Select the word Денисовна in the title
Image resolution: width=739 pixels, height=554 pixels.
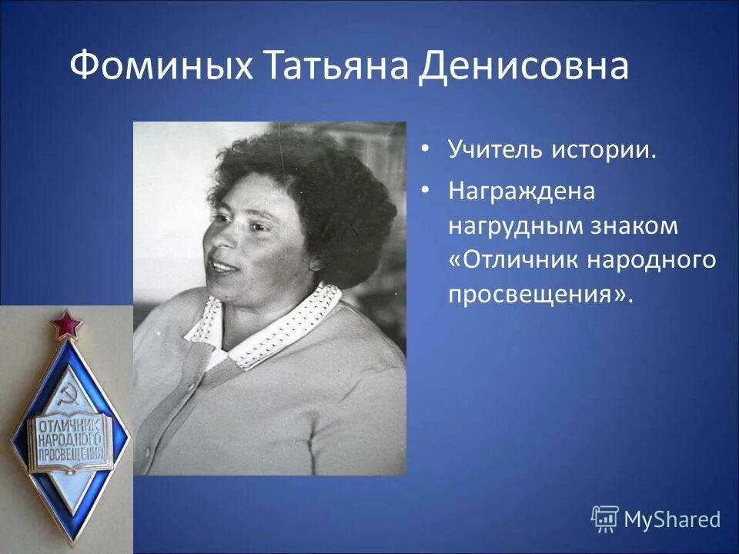tap(523, 67)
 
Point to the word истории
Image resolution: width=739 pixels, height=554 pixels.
tap(604, 149)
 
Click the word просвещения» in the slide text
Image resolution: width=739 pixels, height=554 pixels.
tap(539, 295)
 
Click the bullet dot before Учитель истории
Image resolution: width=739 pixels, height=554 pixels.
tap(426, 149)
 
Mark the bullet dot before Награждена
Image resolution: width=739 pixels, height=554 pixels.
tap(426, 191)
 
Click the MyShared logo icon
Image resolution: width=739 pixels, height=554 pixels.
tap(604, 519)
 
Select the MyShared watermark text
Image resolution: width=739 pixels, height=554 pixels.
tap(671, 520)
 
